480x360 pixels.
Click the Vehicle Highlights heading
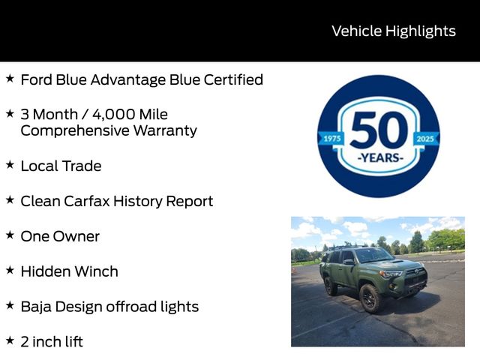tap(394, 31)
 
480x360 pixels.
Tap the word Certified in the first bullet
tap(233, 79)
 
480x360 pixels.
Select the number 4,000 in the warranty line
tap(113, 115)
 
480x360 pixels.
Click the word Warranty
tap(165, 130)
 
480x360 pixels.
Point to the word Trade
tap(82, 166)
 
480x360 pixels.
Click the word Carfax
tap(87, 201)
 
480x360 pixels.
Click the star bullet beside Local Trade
tap(10, 164)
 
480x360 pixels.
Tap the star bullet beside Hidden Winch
tap(10, 270)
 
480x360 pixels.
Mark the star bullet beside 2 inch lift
tap(10, 340)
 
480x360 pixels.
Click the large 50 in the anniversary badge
tap(379, 130)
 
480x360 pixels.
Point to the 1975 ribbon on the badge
tap(331, 139)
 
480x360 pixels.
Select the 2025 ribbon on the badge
tap(425, 139)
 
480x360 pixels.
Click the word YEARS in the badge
tap(380, 158)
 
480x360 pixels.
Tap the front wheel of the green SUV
tap(370, 298)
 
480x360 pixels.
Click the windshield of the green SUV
tap(373, 255)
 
